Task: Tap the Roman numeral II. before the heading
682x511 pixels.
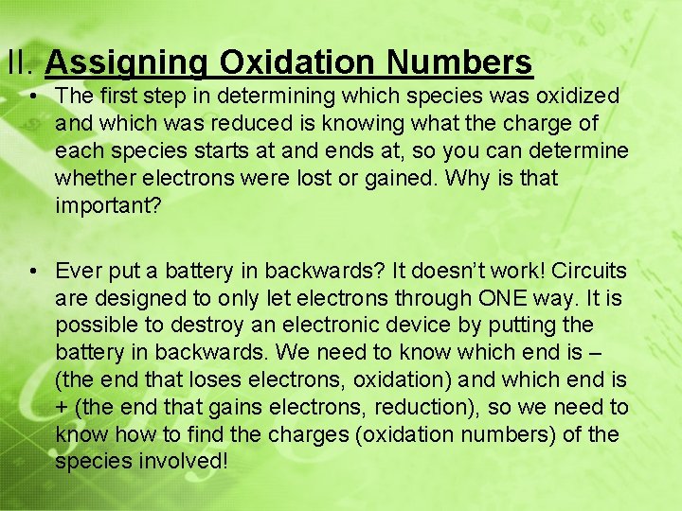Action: (x=21, y=63)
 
